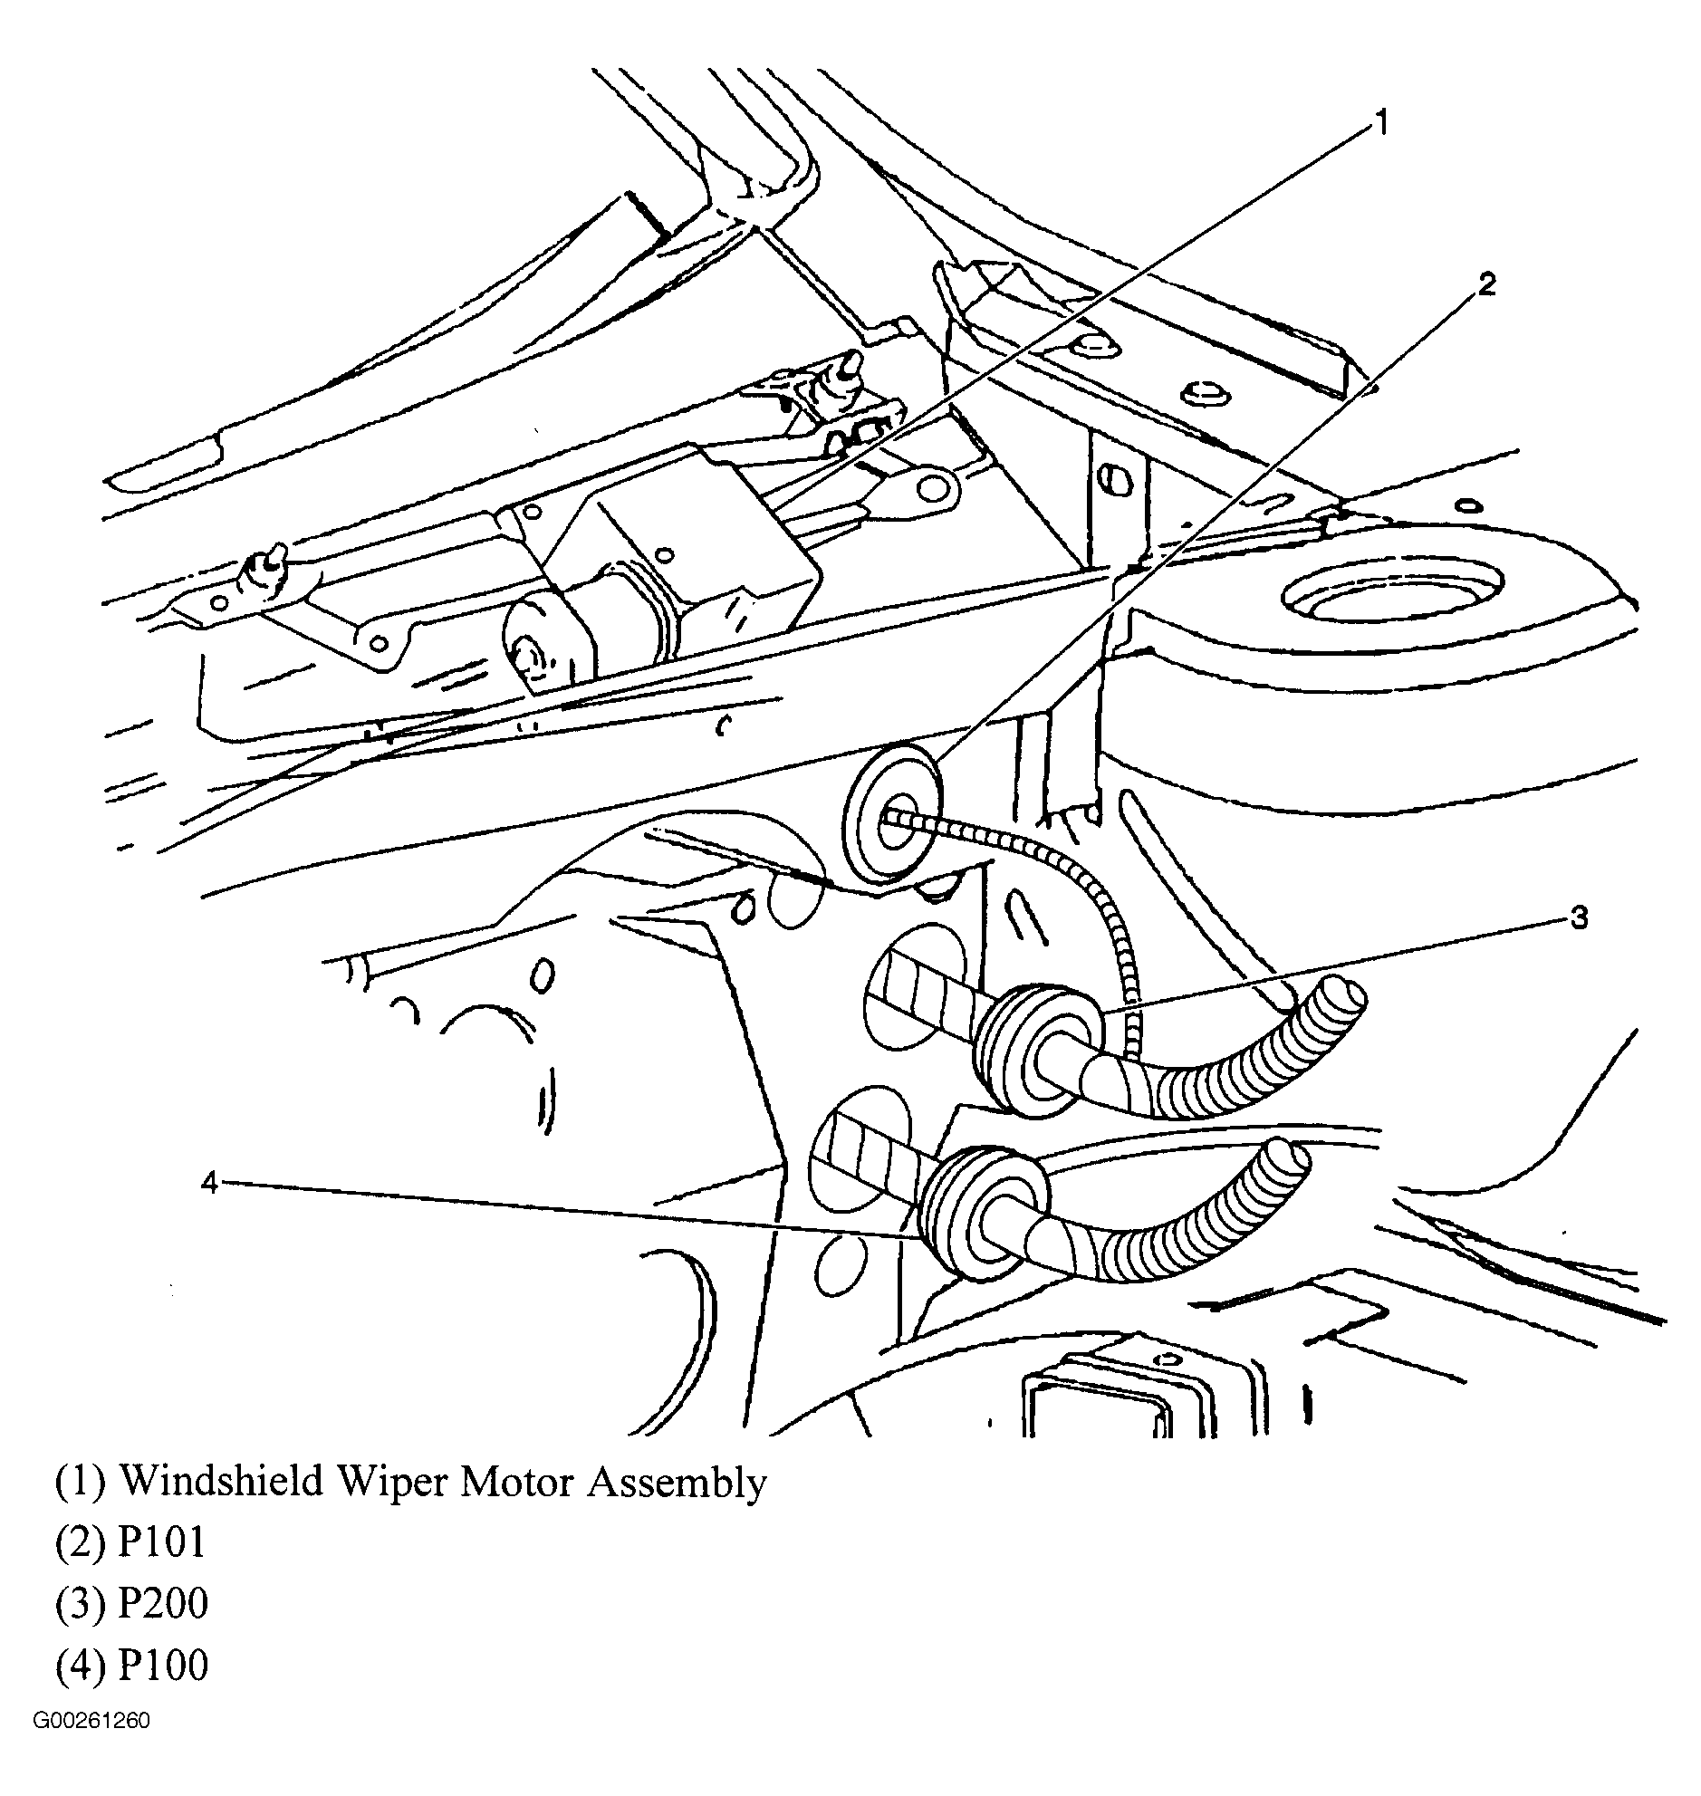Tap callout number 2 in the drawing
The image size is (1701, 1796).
click(1485, 285)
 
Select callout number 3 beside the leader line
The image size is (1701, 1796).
click(1579, 918)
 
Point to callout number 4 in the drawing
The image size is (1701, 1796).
click(210, 1183)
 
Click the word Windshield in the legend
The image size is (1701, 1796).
click(222, 1483)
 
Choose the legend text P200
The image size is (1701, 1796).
click(164, 1604)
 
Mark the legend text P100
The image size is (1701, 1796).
click(164, 1665)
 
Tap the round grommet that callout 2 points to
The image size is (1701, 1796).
click(893, 813)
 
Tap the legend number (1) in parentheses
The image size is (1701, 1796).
click(81, 1483)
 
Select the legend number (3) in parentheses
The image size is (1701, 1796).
click(81, 1604)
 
